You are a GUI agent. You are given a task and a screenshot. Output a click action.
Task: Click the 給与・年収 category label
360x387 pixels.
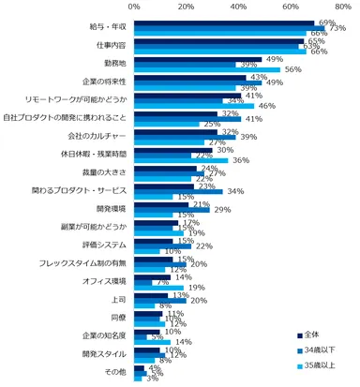click(104, 24)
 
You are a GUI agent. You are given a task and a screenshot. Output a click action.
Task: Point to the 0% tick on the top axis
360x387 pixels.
click(134, 7)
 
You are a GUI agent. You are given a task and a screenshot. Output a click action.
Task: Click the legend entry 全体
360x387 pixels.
click(315, 335)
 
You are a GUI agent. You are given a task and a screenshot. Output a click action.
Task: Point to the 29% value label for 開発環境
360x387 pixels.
click(221, 210)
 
